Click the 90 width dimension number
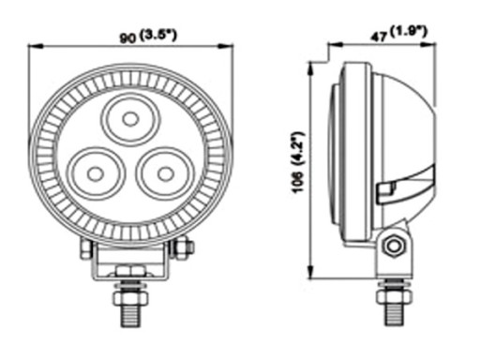tap(128, 38)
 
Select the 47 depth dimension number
tap(379, 37)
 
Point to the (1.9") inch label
tap(408, 31)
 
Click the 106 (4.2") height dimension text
tap(298, 162)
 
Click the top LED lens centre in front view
tap(130, 119)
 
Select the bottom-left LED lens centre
tap(95, 173)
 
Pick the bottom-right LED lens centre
tap(165, 173)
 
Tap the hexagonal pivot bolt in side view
tap(394, 246)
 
